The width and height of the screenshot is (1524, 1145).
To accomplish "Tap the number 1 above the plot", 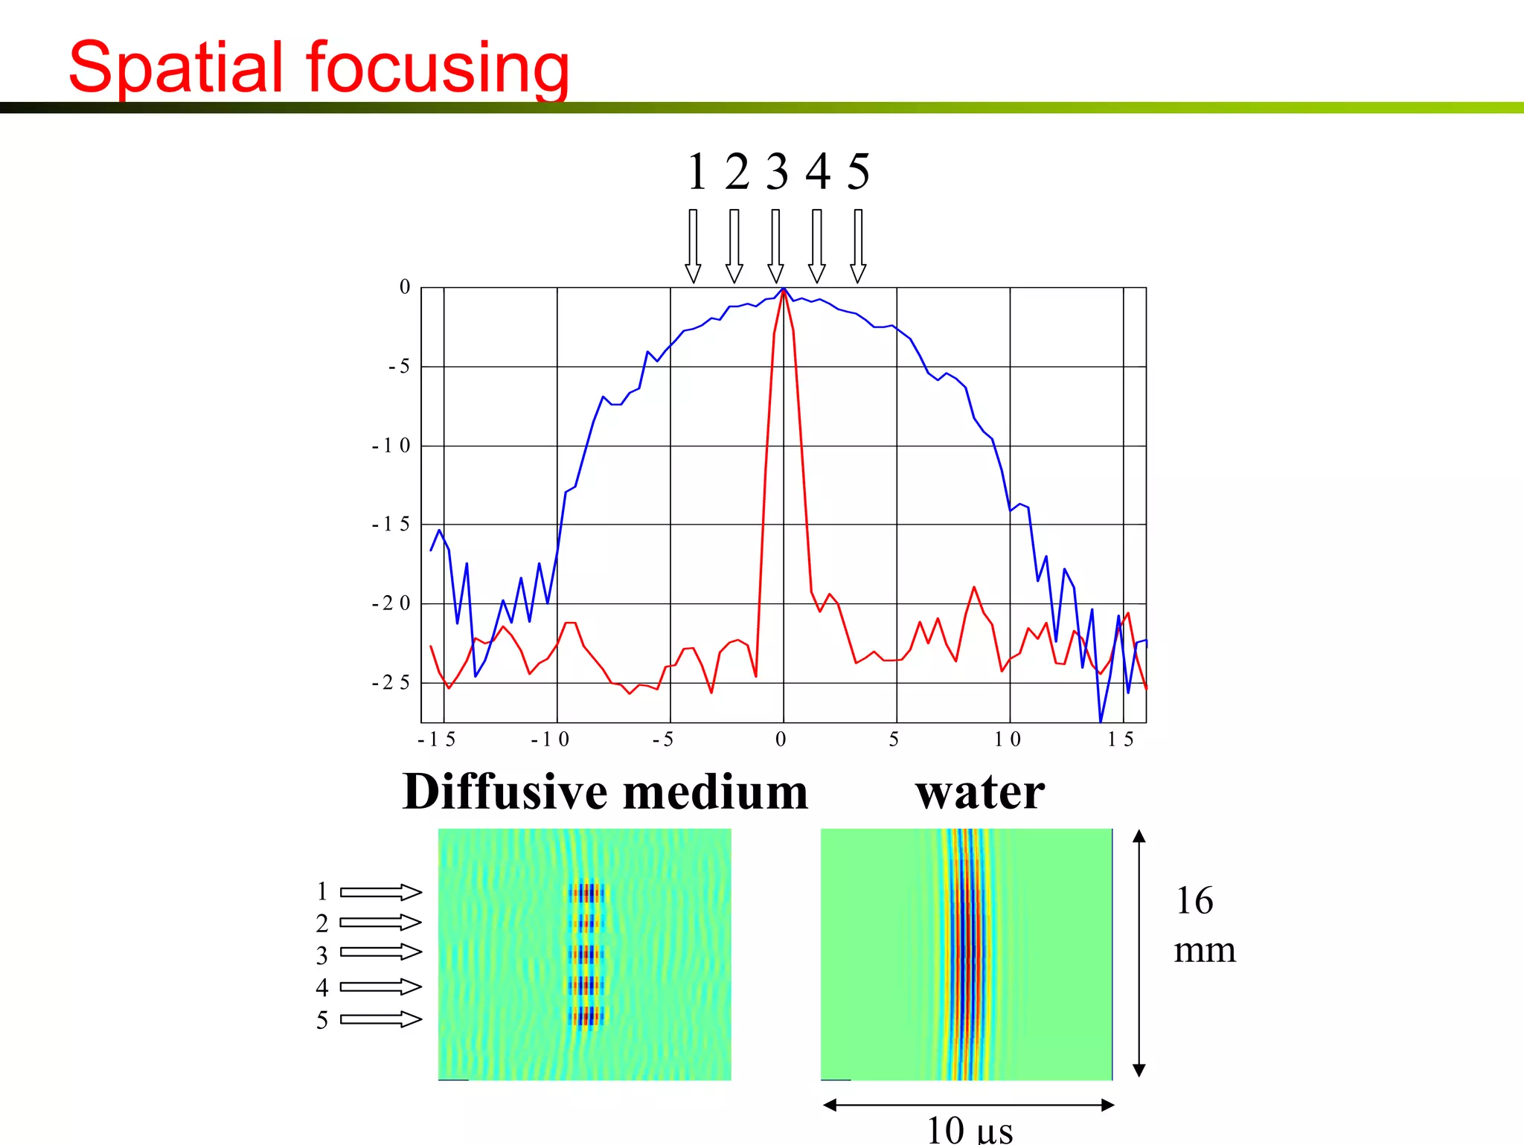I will click(697, 172).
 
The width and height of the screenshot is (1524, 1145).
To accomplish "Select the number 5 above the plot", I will click(858, 172).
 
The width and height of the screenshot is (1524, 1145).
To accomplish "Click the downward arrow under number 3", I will click(775, 246).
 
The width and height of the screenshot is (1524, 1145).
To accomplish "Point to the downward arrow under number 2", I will click(734, 246).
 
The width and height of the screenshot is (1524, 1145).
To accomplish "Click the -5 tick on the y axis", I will click(400, 366).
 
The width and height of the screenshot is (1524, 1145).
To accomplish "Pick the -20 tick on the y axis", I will click(391, 603).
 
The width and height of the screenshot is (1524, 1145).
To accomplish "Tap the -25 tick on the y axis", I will click(391, 682).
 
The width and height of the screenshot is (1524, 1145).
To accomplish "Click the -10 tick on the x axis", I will click(550, 740).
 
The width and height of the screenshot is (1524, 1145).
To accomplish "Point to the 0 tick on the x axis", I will click(781, 740).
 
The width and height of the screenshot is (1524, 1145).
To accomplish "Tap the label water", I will click(980, 792).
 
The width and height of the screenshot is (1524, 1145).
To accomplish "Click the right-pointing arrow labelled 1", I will click(380, 892).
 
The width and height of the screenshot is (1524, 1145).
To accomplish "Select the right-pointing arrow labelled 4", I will click(380, 987).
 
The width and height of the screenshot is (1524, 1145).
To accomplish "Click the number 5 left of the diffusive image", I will click(321, 1020).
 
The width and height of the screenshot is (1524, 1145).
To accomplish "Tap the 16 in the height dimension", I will click(1194, 901).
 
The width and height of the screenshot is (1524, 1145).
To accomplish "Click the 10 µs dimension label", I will click(969, 1130).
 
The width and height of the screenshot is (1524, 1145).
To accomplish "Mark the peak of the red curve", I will click(784, 291).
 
